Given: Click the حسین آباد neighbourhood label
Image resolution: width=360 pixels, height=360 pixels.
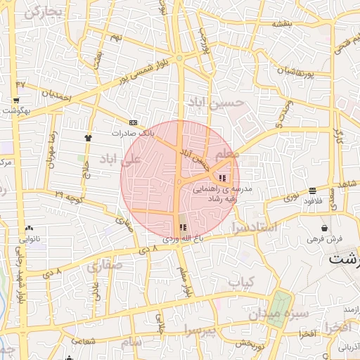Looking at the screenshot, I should [x=218, y=103].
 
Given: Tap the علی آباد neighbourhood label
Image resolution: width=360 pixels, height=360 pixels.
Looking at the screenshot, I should [x=122, y=158].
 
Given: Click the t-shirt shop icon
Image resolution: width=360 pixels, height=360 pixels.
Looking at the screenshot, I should [x=88, y=138].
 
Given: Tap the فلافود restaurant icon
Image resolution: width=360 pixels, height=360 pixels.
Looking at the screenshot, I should [x=311, y=190].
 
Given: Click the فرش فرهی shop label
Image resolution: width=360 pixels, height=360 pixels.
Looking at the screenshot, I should [x=323, y=239].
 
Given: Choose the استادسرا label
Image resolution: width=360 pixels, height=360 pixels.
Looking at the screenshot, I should [x=253, y=228].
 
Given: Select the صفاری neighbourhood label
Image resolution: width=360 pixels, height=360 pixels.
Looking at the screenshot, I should [x=105, y=265].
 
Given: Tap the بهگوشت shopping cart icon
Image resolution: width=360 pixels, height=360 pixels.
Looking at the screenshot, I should [x=15, y=101].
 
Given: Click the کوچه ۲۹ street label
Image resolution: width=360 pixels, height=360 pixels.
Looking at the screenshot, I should [x=69, y=193].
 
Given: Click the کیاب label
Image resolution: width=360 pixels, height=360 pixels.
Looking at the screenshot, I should [x=240, y=281].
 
